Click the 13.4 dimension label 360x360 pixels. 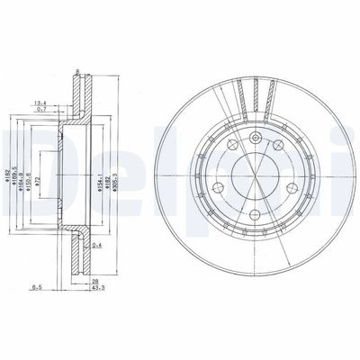pyautogui.click(x=40, y=103)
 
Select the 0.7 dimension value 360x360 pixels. pyautogui.click(x=42, y=110)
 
